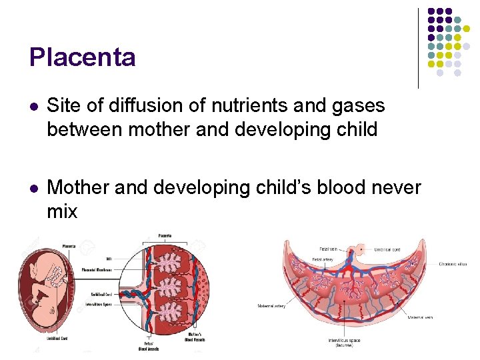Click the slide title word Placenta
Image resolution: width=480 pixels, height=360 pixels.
pyautogui.click(x=82, y=57)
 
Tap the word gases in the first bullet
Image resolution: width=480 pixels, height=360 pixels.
pyautogui.click(x=361, y=105)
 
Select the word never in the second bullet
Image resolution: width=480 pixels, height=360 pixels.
pyautogui.click(x=397, y=189)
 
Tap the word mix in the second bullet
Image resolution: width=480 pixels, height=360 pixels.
pyautogui.click(x=62, y=212)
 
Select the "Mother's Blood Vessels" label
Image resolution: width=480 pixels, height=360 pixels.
pyautogui.click(x=195, y=337)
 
